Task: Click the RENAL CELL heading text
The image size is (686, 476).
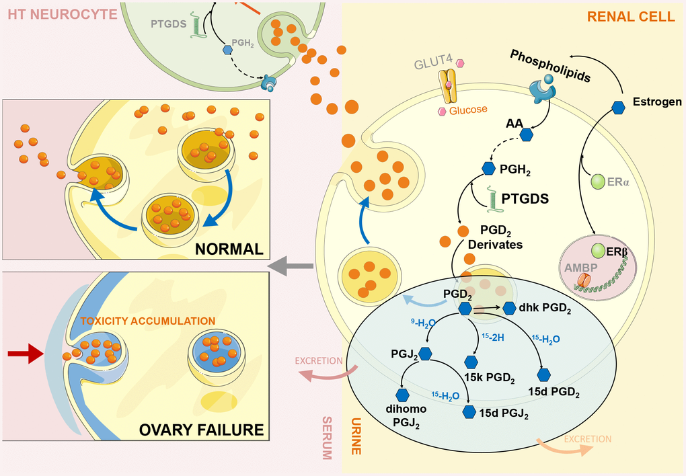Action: coord(631,16)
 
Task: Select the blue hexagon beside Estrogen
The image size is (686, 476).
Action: coord(618,106)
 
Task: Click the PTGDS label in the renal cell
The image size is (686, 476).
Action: coord(525,199)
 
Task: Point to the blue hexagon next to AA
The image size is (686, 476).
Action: coord(527,134)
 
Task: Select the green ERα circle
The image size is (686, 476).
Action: coord(597,182)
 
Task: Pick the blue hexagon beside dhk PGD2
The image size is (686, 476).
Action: coord(509,309)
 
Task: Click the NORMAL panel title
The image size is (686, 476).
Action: coord(228,249)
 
